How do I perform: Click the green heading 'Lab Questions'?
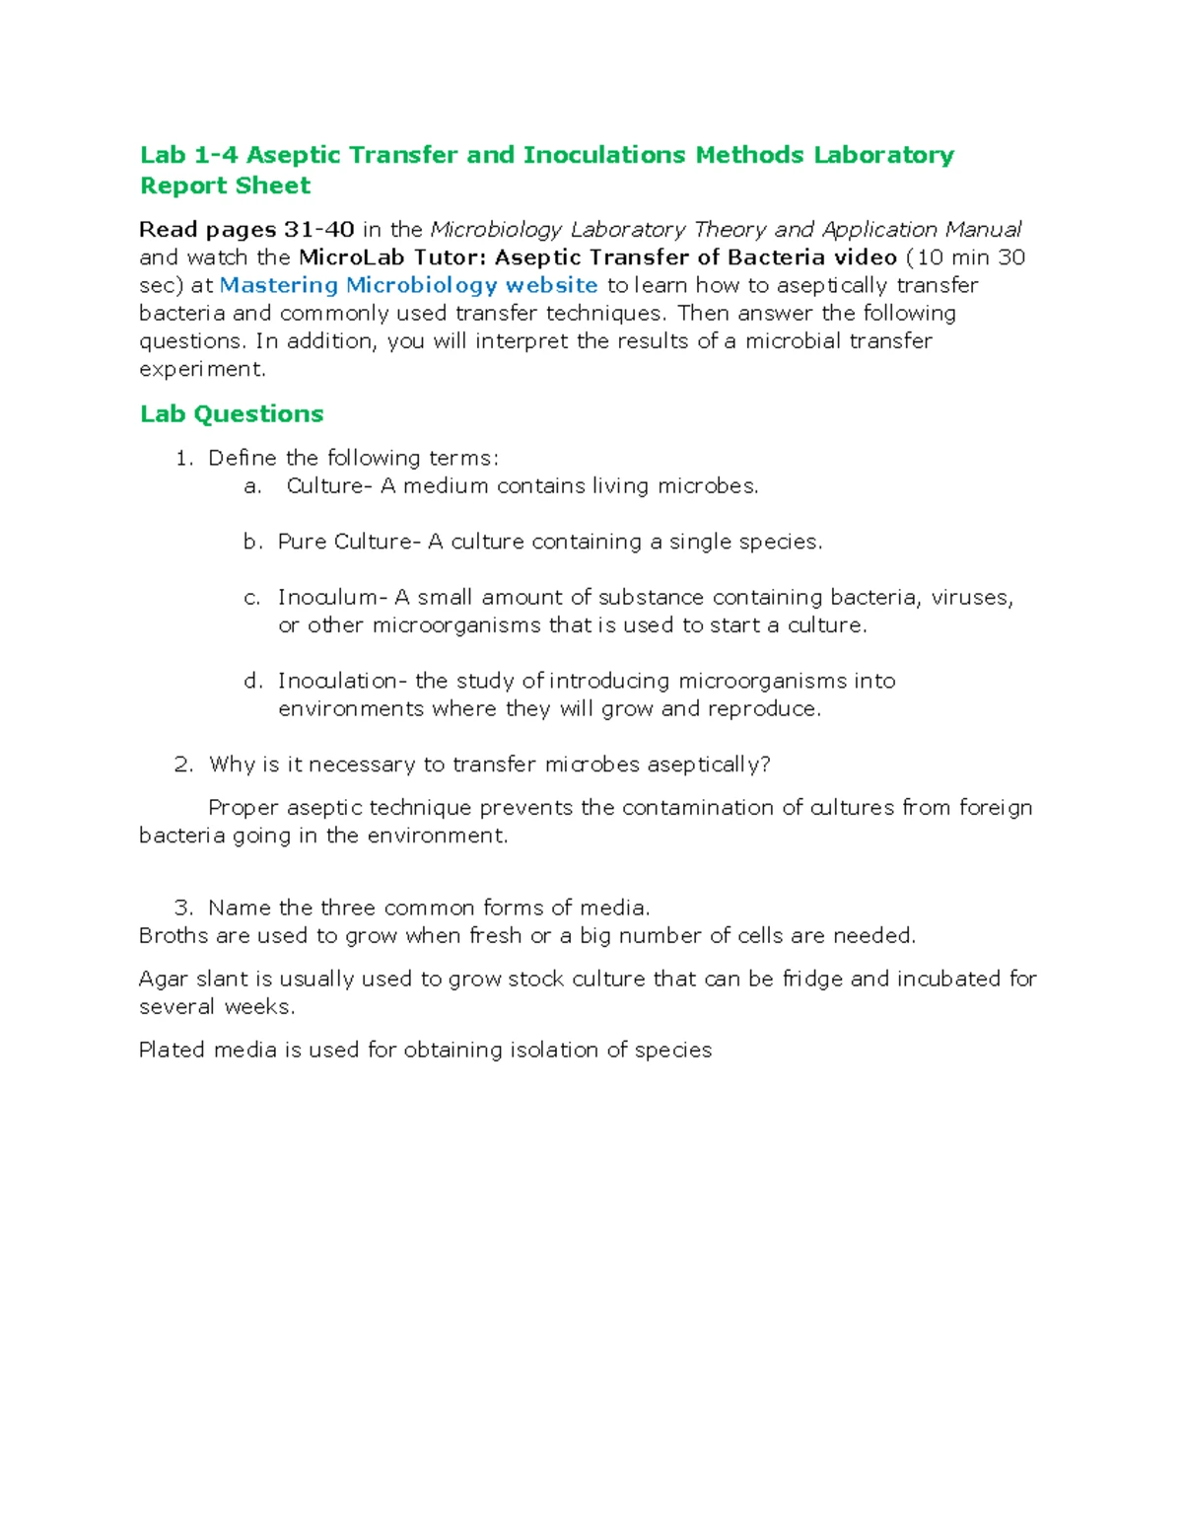[232, 413]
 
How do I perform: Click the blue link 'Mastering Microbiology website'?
[408, 285]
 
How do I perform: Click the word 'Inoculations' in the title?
[604, 155]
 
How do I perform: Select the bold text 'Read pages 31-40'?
[246, 230]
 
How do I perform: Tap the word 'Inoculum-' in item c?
[332, 597]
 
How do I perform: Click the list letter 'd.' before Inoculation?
[253, 681]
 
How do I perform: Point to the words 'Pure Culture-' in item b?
[349, 542]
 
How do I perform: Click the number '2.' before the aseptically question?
[183, 765]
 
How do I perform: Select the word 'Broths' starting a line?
[174, 935]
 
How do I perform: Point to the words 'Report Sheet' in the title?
[225, 185]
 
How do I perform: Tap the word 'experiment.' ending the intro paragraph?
[202, 369]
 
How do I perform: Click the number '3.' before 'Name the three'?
[183, 908]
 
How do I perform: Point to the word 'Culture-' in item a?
[329, 485]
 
